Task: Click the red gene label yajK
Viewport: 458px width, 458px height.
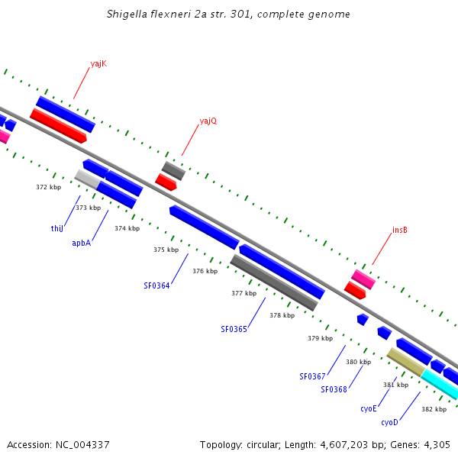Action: click(x=98, y=63)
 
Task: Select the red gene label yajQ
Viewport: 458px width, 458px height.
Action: click(x=208, y=121)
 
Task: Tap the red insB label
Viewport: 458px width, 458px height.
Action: click(x=400, y=230)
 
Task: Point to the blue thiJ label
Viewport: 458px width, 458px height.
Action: click(x=56, y=228)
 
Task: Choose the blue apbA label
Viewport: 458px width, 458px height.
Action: click(x=82, y=243)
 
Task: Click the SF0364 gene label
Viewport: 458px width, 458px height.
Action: click(x=156, y=286)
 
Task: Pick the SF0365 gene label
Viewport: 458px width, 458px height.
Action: click(x=234, y=330)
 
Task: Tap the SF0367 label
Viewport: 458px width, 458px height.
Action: click(x=312, y=376)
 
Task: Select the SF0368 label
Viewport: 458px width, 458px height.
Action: click(x=334, y=389)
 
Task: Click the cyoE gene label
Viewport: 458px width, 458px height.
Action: click(x=369, y=408)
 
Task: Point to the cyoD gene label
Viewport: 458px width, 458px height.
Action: click(x=389, y=422)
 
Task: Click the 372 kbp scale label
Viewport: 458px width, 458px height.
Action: click(x=48, y=187)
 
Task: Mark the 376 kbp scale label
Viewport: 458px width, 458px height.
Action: click(x=205, y=271)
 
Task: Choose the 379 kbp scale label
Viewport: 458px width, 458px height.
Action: click(x=320, y=338)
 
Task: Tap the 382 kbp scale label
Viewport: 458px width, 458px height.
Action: click(x=434, y=409)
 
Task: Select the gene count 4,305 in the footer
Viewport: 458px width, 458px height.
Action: click(x=434, y=444)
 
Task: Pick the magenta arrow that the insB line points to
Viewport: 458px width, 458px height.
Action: click(x=363, y=279)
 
